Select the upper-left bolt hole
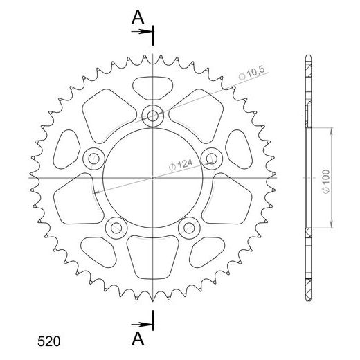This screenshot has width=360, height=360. (x=92, y=159)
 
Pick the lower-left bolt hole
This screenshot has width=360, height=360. (x=115, y=228)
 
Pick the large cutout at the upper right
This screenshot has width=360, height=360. (x=197, y=111)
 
